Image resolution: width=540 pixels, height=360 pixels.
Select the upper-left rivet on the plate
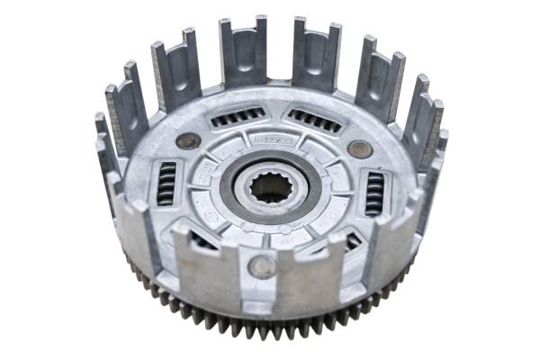188,140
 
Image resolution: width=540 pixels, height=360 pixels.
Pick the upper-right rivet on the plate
359,149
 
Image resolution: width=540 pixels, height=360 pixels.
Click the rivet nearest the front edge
262,265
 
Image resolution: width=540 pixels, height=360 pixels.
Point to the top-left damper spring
238,118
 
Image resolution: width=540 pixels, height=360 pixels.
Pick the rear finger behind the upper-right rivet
378,77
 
